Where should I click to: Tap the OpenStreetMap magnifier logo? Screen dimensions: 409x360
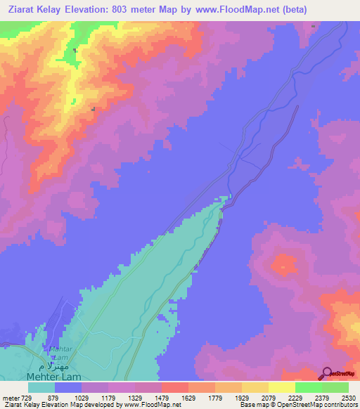tap(327, 373)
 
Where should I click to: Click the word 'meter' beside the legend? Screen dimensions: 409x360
tap(11, 397)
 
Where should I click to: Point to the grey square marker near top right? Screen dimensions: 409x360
tap(314, 27)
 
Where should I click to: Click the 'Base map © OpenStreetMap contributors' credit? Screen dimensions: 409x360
tap(298, 405)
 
